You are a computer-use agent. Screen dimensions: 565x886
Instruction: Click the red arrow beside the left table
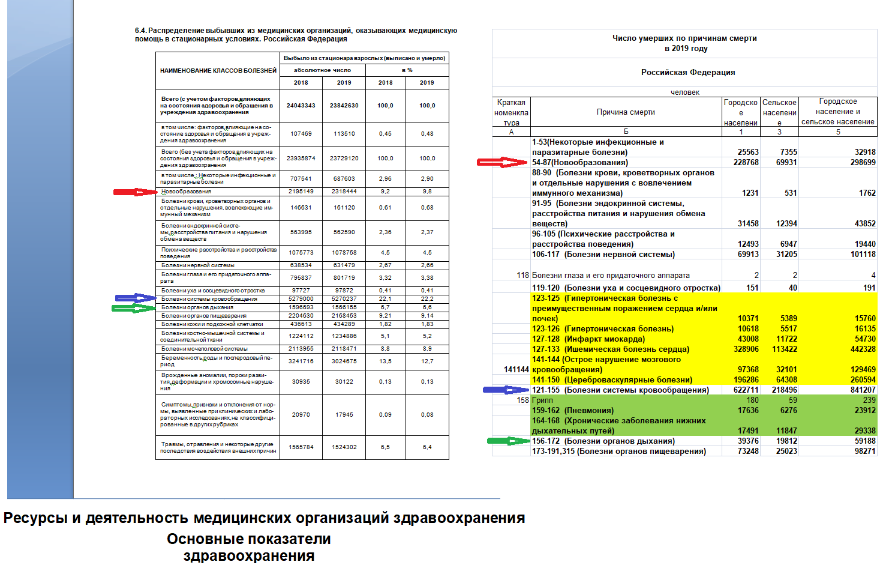pyautogui.click(x=135, y=192)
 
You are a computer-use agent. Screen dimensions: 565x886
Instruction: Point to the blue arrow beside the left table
pyautogui.click(x=136, y=298)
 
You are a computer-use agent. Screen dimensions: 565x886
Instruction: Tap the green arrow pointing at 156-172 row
pyautogui.click(x=508, y=441)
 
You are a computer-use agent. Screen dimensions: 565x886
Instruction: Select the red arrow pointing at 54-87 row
pyautogui.click(x=501, y=162)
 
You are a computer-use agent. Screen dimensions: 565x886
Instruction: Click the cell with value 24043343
pyautogui.click(x=301, y=106)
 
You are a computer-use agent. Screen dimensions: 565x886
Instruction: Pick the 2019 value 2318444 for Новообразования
pyautogui.click(x=344, y=192)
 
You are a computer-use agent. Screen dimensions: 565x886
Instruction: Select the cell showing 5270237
pyautogui.click(x=344, y=299)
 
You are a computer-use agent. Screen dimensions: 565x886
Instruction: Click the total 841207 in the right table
pyautogui.click(x=863, y=390)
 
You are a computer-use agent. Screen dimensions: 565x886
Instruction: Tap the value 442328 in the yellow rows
pyautogui.click(x=863, y=349)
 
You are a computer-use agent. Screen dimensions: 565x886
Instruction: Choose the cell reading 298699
pyautogui.click(x=863, y=163)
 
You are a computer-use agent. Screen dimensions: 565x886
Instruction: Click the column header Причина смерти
pyautogui.click(x=626, y=112)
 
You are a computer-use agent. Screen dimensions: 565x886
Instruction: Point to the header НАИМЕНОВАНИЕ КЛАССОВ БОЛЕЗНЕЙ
pyautogui.click(x=218, y=71)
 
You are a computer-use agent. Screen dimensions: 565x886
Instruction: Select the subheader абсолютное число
pyautogui.click(x=322, y=70)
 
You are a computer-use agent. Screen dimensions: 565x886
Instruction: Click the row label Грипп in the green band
pyautogui.click(x=542, y=400)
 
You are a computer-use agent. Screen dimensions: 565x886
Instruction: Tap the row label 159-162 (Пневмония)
pyautogui.click(x=572, y=411)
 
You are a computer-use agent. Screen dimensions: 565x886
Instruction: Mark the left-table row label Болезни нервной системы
pyautogui.click(x=197, y=265)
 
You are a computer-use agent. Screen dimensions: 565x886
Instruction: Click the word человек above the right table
pyautogui.click(x=685, y=92)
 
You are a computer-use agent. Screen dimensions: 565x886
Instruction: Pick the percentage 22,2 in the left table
pyautogui.click(x=427, y=299)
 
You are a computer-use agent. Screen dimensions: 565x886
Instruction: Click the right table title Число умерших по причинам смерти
pyautogui.click(x=684, y=38)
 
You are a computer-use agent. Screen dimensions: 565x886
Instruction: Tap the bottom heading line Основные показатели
pyautogui.click(x=249, y=539)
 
